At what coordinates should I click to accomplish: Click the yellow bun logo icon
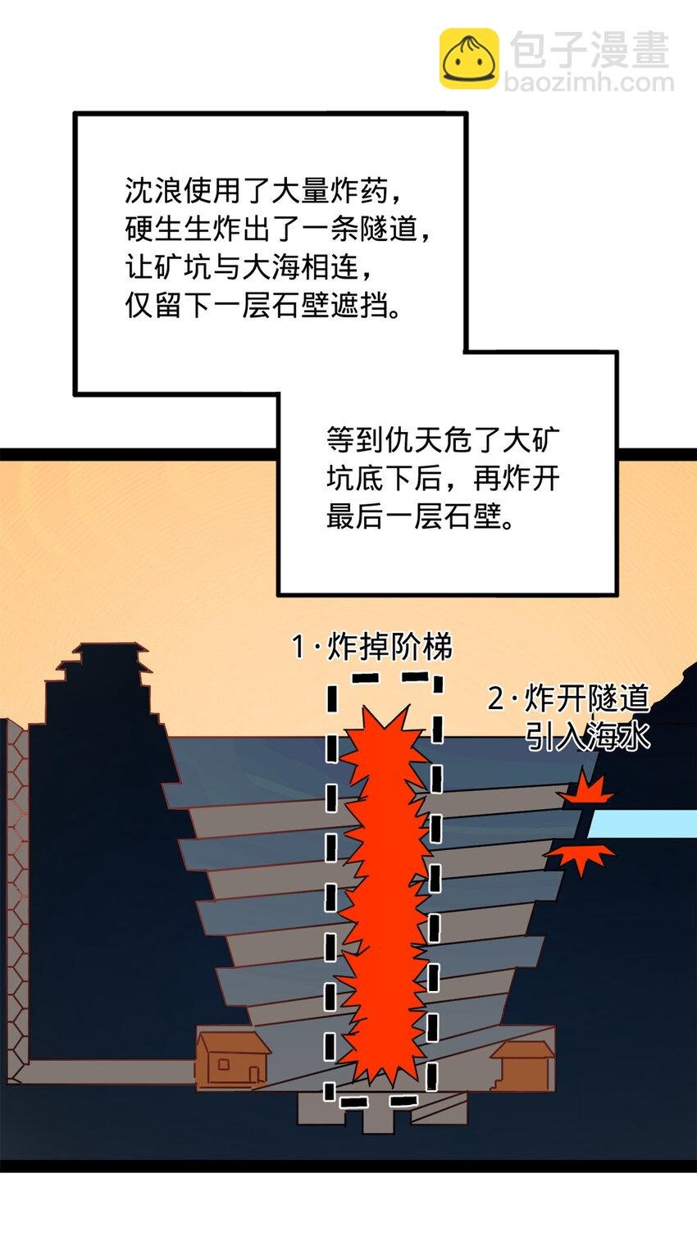468,58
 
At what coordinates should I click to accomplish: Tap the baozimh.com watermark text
589,83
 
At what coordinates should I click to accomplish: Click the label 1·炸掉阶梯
372,648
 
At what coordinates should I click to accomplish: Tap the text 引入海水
587,736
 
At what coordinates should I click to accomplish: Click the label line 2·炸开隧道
568,699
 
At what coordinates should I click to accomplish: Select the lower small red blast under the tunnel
581,856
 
